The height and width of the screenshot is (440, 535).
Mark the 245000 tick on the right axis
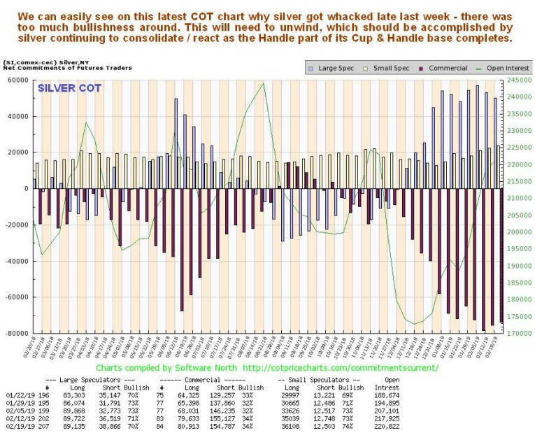(518, 80)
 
